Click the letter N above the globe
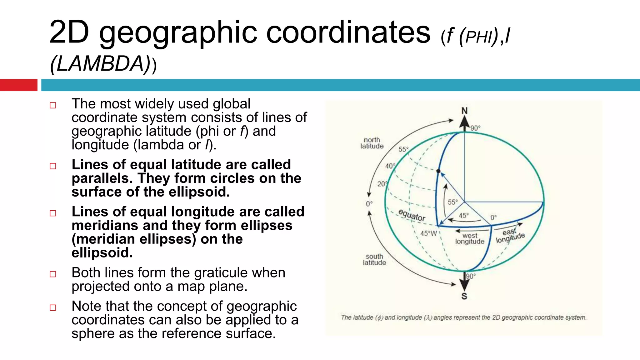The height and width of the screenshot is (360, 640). pos(464,111)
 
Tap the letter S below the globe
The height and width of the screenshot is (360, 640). pos(464,296)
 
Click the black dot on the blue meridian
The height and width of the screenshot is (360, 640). pos(438,171)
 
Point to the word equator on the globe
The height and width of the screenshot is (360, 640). pos(412,215)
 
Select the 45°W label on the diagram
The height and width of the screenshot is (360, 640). pos(428,233)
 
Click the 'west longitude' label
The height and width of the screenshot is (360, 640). pos(470,238)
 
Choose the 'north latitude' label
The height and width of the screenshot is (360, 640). pos(372,143)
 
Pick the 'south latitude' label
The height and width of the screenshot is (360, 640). pos(374,259)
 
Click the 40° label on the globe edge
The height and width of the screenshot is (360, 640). pos(390,166)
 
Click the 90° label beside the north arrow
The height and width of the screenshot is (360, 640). pos(475,128)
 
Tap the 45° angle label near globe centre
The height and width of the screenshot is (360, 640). pos(464,216)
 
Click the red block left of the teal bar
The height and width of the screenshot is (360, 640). pos(18,85)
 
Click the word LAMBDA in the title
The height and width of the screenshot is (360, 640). pos(100,64)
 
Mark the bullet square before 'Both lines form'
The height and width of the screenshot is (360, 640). pos(53,274)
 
